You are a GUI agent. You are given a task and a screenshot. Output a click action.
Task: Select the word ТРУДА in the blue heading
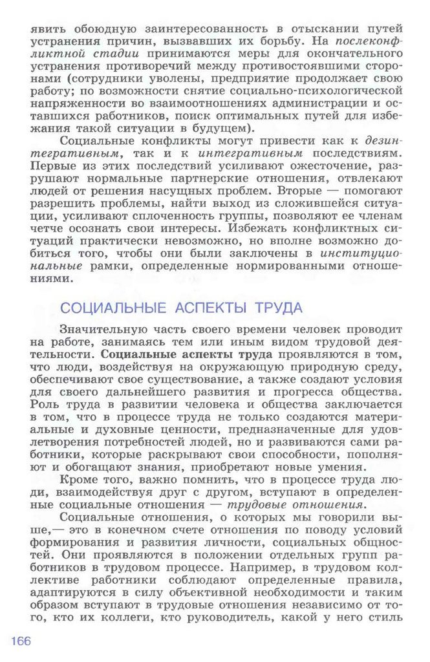(277, 307)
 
